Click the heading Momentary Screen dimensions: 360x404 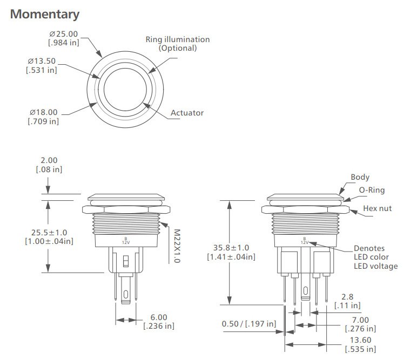click(x=45, y=14)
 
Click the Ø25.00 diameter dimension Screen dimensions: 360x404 click(x=63, y=38)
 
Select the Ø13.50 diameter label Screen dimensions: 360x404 click(x=42, y=65)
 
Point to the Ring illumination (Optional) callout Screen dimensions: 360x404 click(x=177, y=44)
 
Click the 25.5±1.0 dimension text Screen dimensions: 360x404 click(x=49, y=236)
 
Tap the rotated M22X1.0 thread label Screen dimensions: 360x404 click(x=177, y=245)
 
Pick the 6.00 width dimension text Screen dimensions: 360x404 click(x=158, y=322)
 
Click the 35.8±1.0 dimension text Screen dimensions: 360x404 click(x=231, y=252)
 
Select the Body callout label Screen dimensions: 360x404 click(x=360, y=177)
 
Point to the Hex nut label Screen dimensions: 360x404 click(x=378, y=208)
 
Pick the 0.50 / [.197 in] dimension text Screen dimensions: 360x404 click(x=249, y=324)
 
